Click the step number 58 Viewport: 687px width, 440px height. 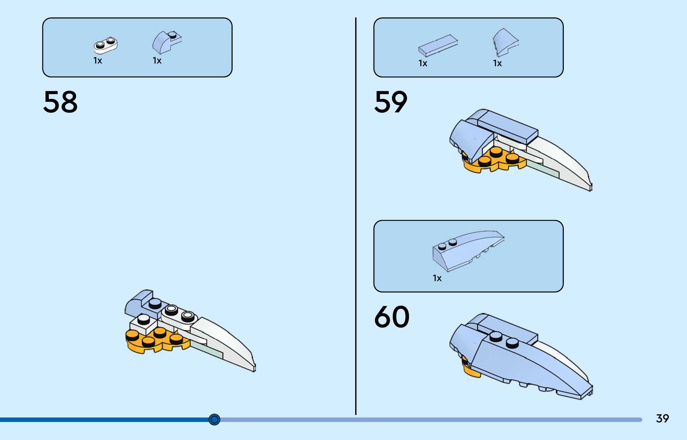60,102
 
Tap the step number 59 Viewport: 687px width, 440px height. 391,102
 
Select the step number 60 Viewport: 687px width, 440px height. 392,317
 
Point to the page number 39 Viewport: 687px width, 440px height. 662,419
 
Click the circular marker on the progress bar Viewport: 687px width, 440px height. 214,419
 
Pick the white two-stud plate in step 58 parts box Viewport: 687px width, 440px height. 106,46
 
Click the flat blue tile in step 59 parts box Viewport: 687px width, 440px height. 438,45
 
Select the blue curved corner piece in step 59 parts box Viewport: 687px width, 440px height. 505,42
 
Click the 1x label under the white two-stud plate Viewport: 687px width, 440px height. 98,61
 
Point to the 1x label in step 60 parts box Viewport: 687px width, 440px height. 437,278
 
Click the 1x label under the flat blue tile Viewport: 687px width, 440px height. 423,63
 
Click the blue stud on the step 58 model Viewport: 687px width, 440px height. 155,303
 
